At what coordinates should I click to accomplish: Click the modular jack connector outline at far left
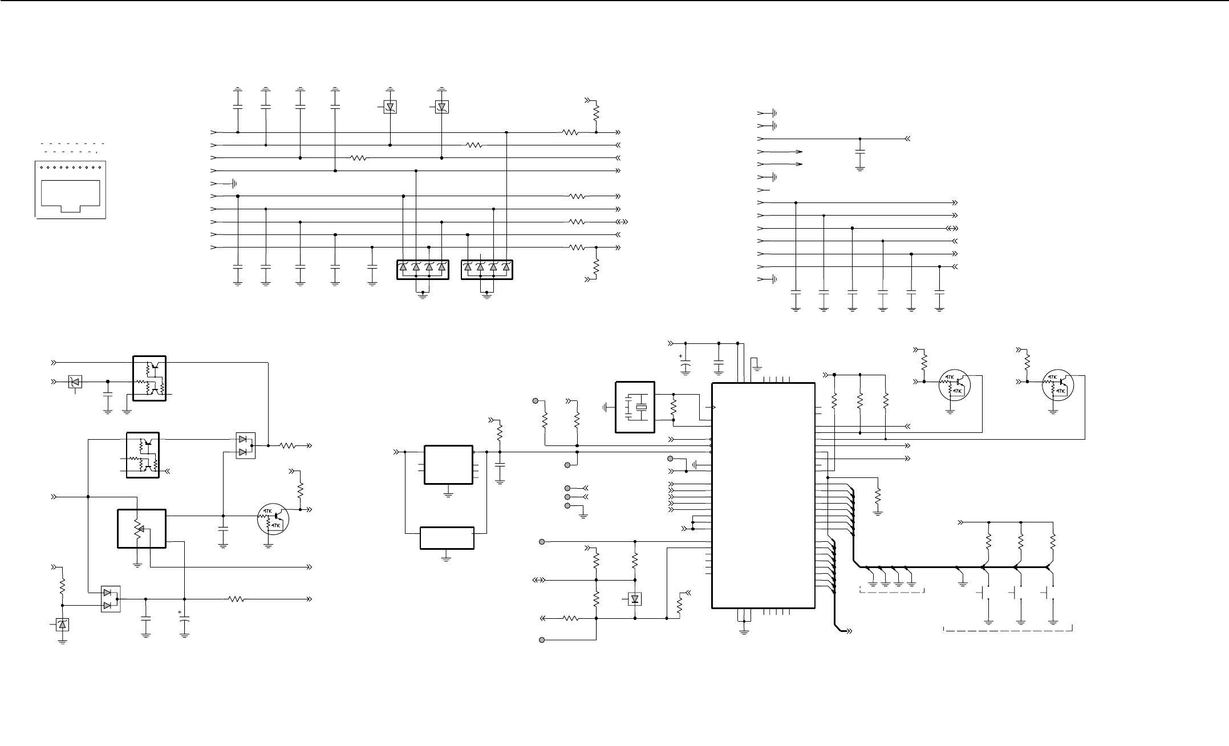pyautogui.click(x=71, y=190)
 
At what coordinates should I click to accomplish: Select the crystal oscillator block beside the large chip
pyautogui.click(x=635, y=407)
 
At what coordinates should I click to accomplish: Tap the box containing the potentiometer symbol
pyautogui.click(x=141, y=528)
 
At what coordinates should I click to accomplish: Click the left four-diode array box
pyautogui.click(x=423, y=269)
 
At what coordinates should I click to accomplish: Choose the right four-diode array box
pyautogui.click(x=487, y=269)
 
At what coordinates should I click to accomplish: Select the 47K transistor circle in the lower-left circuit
pyautogui.click(x=273, y=520)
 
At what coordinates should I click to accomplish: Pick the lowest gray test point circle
pyautogui.click(x=542, y=640)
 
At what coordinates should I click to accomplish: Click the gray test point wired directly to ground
pyautogui.click(x=567, y=506)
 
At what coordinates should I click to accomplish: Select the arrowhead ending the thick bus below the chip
pyautogui.click(x=849, y=631)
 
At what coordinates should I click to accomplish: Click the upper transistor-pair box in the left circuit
pyautogui.click(x=149, y=379)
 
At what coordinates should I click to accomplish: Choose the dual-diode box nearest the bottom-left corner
pyautogui.click(x=111, y=599)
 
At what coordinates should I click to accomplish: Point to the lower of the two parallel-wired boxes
pyautogui.click(x=447, y=538)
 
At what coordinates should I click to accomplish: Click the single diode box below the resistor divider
pyautogui.click(x=635, y=599)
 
